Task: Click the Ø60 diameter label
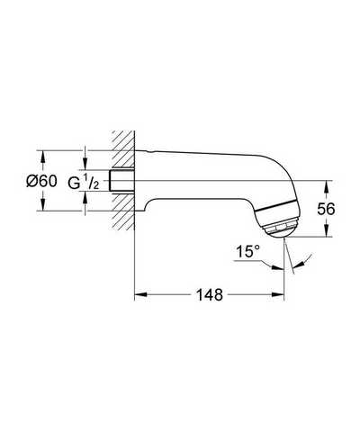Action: pos(41,181)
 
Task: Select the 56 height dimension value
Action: pos(326,209)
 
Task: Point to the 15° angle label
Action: pos(247,251)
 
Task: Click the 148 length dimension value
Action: pos(210,294)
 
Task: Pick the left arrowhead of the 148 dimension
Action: pos(140,294)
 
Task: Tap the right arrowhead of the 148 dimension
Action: pos(277,294)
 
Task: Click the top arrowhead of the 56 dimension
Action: pos(327,186)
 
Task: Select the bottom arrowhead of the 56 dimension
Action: pos(327,230)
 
